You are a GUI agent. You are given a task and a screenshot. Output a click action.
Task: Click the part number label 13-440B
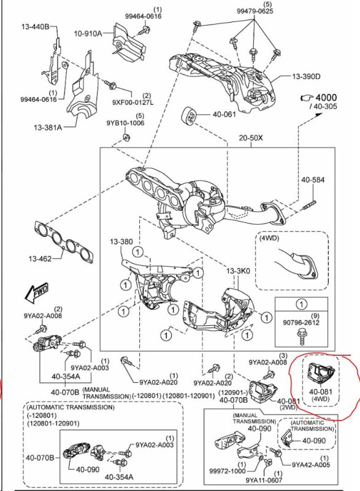point(35,26)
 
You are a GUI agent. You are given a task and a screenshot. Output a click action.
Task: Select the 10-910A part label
point(88,33)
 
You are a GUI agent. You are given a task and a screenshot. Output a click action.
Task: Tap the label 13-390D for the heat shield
point(306,76)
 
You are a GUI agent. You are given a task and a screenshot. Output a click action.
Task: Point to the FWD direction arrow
point(37,293)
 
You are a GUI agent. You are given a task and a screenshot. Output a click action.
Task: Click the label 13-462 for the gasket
point(40,258)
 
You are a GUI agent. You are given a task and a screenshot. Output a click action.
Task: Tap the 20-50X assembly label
point(251,137)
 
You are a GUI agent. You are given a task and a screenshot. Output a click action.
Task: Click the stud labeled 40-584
point(310,205)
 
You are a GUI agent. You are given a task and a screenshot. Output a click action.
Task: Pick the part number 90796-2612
point(301,323)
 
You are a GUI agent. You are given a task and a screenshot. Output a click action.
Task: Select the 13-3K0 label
point(239,271)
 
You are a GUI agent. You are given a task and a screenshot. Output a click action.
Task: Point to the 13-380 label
point(121,242)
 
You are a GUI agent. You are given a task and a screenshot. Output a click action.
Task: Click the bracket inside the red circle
point(321,373)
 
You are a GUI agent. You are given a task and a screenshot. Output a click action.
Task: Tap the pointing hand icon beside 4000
point(307,98)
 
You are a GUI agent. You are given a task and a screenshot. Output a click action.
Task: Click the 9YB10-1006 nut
point(126,137)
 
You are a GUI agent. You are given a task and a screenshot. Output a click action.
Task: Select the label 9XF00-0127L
point(133,102)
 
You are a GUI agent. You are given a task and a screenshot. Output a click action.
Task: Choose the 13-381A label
point(48,128)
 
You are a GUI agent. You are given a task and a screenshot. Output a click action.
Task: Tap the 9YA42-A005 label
point(310,465)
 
